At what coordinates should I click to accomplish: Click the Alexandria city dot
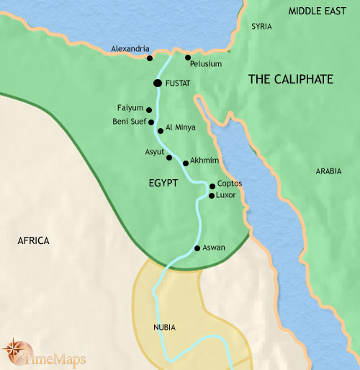click(150, 58)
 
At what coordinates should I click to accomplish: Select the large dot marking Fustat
click(158, 84)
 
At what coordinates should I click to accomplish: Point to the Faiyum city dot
click(149, 110)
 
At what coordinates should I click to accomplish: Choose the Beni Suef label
click(130, 122)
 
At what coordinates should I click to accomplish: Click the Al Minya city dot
click(160, 131)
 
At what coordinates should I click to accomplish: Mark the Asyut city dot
click(169, 157)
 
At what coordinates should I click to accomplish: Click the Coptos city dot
click(212, 186)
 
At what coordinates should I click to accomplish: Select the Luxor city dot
click(211, 195)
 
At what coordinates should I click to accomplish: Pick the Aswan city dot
click(197, 248)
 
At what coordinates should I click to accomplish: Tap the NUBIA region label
click(164, 328)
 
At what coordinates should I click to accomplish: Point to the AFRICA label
click(33, 240)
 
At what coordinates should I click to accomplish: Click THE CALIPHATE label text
click(291, 80)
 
